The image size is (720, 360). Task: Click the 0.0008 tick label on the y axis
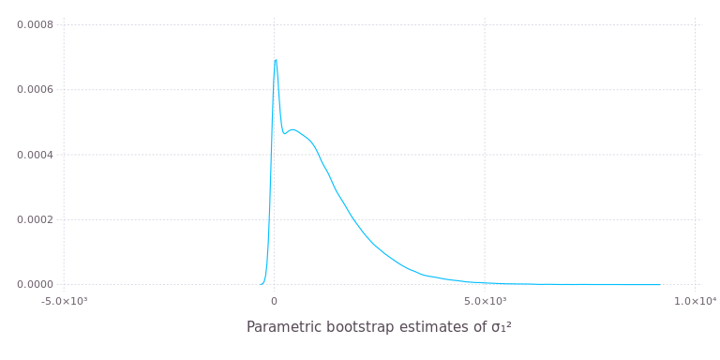(35, 24)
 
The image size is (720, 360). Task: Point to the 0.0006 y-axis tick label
(35, 90)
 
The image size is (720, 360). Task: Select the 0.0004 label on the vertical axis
(35, 155)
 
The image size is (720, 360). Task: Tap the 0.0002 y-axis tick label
(35, 219)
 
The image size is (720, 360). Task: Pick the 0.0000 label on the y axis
(35, 284)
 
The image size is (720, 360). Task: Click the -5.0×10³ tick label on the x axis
(64, 300)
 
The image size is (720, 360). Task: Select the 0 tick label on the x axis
(275, 300)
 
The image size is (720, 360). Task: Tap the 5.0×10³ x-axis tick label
(485, 300)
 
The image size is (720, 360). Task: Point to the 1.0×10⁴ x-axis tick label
(695, 300)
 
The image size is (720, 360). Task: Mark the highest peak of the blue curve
(276, 60)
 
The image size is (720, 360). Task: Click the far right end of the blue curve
(661, 284)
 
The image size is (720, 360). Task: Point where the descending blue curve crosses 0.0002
(352, 219)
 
